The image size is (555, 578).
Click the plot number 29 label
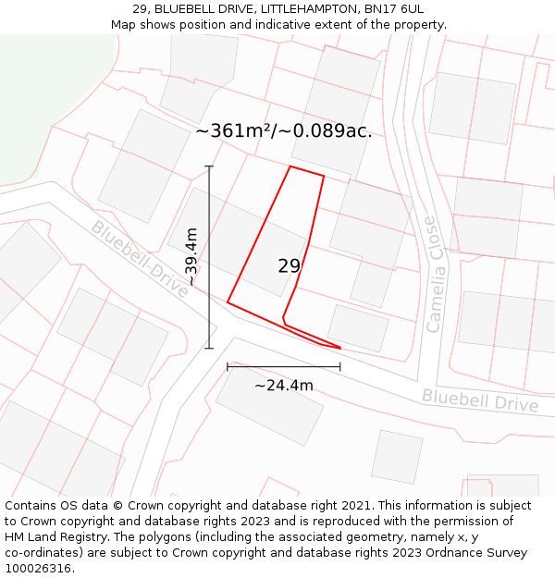click(289, 266)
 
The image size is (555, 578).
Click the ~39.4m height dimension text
click(191, 257)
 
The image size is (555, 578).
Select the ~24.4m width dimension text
click(283, 386)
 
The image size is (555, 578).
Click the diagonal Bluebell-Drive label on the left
click(140, 258)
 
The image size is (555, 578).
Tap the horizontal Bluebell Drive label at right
click(479, 400)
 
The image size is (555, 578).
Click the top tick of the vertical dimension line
click(209, 166)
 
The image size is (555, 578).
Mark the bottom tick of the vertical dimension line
click(209, 349)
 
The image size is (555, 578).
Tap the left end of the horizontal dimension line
click(228, 366)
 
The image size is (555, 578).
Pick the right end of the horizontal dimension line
click(340, 366)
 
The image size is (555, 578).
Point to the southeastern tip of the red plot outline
click(339, 348)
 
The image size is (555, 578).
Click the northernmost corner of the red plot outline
click(290, 166)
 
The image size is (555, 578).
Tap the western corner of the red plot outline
click(228, 301)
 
